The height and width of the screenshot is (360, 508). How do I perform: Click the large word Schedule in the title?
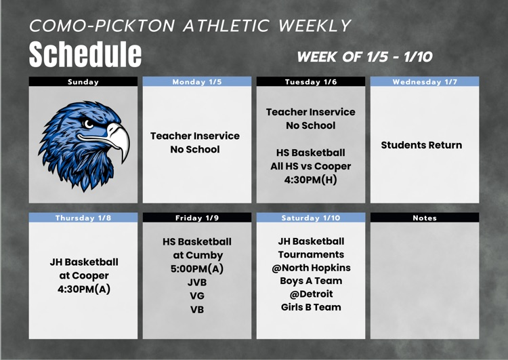pos(85,54)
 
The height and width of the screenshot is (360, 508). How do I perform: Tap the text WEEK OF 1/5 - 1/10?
pos(364,57)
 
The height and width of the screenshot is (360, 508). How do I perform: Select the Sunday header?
pos(83,82)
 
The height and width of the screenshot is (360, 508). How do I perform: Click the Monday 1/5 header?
pos(197,82)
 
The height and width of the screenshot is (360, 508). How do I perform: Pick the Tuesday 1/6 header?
pos(310,82)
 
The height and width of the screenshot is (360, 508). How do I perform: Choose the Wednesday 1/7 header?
pos(425,82)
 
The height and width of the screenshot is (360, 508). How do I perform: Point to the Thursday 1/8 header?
pos(83,218)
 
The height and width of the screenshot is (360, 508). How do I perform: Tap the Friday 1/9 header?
pos(197,218)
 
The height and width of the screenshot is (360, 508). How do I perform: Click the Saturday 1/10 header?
pos(310,218)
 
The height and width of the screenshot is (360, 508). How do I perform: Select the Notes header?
pos(425,218)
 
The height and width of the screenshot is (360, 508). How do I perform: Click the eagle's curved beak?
pos(119,140)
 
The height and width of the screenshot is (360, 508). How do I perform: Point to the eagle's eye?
pos(89,124)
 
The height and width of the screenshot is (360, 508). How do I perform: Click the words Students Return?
pos(421,145)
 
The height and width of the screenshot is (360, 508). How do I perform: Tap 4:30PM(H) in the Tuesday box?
pos(310,180)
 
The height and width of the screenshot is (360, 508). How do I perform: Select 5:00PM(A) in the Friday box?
pos(197,268)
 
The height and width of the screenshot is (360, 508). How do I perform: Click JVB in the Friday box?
pos(197,282)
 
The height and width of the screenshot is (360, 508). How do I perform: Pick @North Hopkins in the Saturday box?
pos(311,268)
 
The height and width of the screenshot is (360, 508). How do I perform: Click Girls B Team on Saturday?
pos(311,307)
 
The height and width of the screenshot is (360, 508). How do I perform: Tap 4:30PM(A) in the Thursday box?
pos(83,289)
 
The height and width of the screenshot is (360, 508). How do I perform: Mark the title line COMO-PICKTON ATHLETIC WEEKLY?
pos(190,26)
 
